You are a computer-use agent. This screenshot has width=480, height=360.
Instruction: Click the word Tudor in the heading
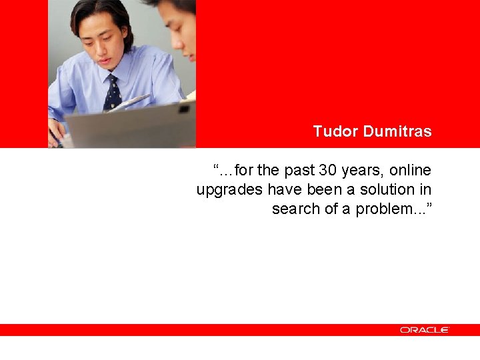pyautogui.click(x=335, y=131)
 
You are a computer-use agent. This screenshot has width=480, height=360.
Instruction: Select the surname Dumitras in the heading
pyautogui.click(x=397, y=131)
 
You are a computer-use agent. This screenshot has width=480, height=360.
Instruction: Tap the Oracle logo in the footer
pyautogui.click(x=425, y=330)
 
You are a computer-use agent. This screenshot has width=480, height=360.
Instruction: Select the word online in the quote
pyautogui.click(x=411, y=170)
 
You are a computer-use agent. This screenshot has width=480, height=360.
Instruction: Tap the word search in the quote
pyautogui.click(x=294, y=209)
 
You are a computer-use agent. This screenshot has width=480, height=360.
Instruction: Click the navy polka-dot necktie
pyautogui.click(x=113, y=93)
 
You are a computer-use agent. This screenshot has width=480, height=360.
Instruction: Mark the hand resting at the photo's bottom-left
pyautogui.click(x=57, y=130)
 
